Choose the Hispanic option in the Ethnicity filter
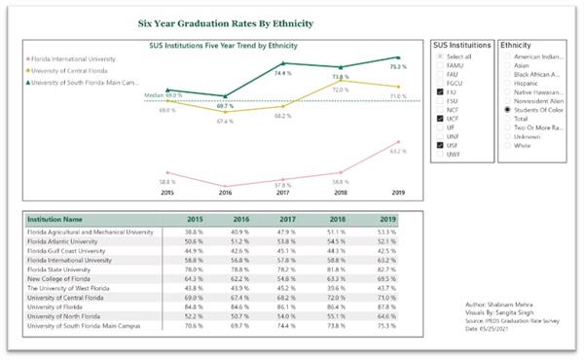505,84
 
